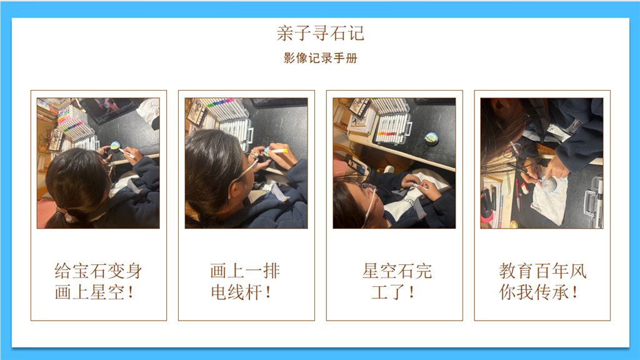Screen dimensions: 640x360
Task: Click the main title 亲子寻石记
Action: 321,33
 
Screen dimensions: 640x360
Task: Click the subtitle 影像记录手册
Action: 321,58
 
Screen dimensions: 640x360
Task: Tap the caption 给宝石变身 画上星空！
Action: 98,282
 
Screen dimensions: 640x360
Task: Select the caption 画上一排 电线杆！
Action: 245,282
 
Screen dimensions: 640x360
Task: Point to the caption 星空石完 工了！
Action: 397,282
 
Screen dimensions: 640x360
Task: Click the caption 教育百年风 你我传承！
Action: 542,282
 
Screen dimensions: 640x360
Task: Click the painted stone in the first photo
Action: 116,145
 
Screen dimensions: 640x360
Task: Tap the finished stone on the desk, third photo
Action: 431,138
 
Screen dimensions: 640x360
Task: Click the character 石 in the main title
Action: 338,33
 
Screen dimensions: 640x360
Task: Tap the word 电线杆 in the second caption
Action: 236,292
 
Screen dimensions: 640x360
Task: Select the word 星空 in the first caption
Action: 107,292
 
